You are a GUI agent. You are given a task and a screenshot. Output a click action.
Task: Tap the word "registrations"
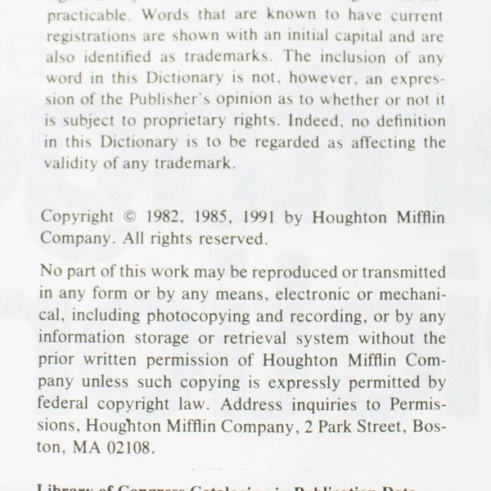[89, 37]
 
